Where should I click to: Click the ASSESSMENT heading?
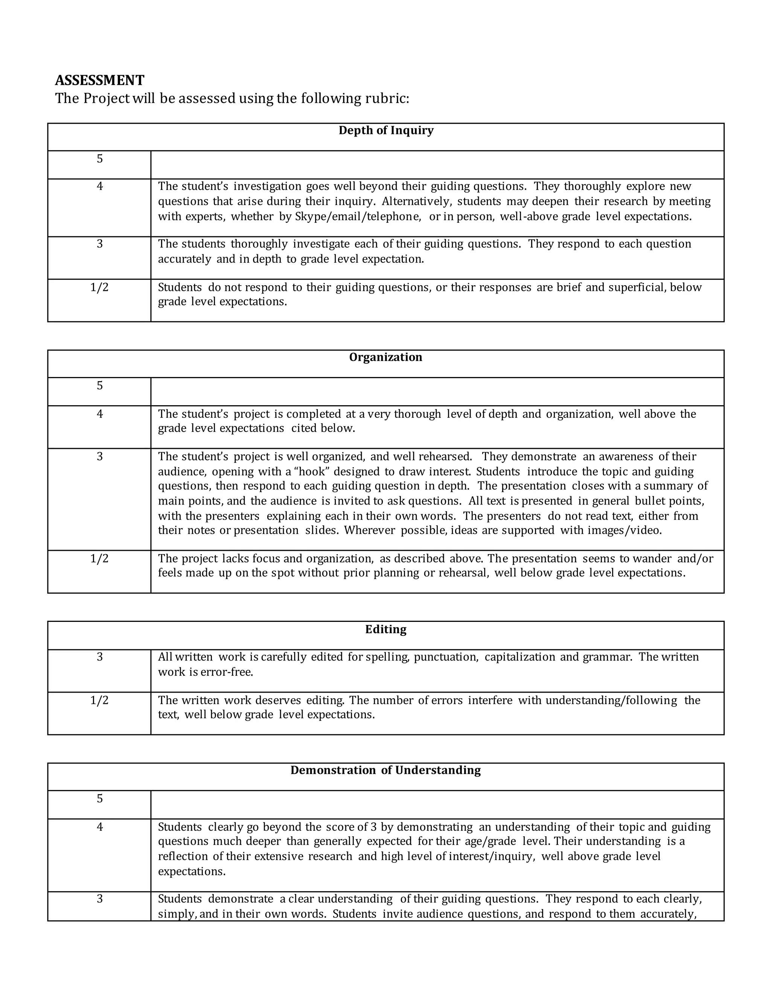(x=99, y=81)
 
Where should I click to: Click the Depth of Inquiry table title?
(x=385, y=131)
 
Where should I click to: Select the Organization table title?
(x=385, y=357)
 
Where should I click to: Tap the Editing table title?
(x=385, y=629)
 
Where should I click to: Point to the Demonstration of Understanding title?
(x=385, y=770)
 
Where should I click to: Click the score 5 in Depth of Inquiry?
(x=99, y=159)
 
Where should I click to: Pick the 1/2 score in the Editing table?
(x=99, y=700)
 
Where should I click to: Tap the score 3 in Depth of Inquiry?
(x=99, y=244)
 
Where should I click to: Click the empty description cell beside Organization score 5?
(x=437, y=391)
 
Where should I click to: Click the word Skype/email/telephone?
(x=358, y=216)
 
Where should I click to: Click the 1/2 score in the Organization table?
(x=99, y=559)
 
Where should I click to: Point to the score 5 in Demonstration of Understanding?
(x=99, y=798)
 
